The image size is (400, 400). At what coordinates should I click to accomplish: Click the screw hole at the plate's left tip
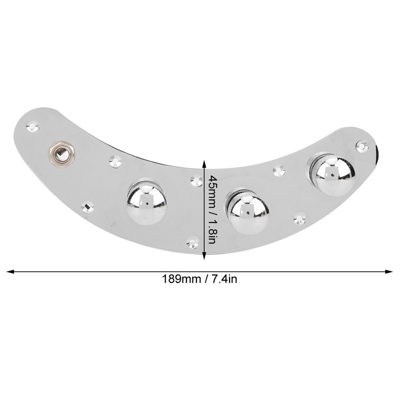point(33,126)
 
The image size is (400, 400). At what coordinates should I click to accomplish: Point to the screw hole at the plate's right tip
point(361,146)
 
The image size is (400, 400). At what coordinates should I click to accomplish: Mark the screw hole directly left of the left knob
point(88,206)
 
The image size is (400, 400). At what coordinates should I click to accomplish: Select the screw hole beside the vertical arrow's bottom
point(193,243)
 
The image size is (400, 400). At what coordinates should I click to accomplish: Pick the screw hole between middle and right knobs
point(278,170)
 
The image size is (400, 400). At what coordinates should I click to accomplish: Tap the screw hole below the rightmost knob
point(300,218)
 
